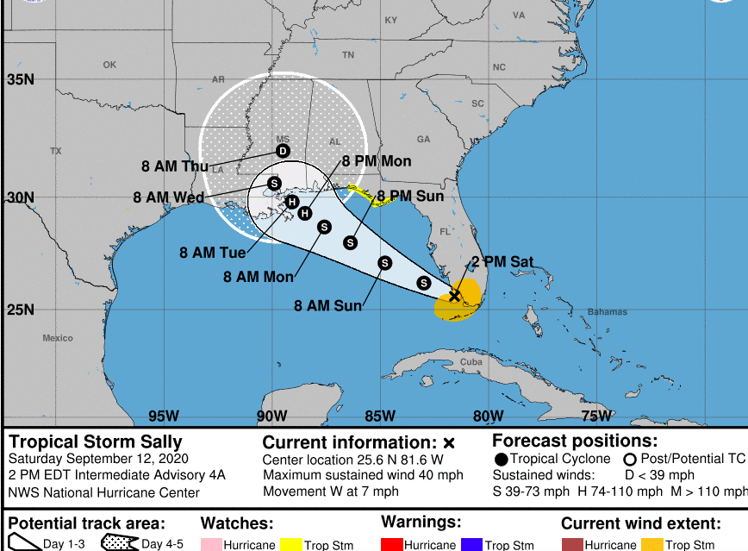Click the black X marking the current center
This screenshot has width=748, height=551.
point(455,296)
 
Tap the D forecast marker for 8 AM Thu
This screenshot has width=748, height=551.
point(283,151)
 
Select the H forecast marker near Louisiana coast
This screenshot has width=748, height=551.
point(292,202)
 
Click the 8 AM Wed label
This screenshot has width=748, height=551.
point(168,197)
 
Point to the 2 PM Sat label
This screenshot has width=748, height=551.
point(502,262)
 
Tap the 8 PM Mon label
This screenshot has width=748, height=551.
point(377,161)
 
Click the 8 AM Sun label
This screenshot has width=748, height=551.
point(327,305)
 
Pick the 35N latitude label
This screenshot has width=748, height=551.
point(21,80)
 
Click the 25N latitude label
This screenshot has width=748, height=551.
point(21,310)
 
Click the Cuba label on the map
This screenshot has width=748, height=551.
point(471,361)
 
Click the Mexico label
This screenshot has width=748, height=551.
point(58,338)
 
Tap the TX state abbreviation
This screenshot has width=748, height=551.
point(56,151)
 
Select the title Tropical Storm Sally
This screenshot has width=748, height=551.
point(96,442)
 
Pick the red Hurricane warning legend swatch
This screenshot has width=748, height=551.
point(391,545)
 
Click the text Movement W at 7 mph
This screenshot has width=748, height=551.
point(331,492)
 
